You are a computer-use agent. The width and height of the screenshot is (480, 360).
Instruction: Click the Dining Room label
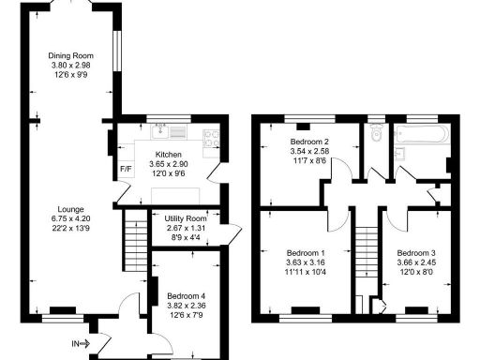coord(73,56)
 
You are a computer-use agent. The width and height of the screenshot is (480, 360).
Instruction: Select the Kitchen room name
coord(168,155)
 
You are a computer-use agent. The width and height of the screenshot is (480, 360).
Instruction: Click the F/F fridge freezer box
coord(126,170)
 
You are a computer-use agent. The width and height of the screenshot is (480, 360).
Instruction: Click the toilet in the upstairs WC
coord(376,138)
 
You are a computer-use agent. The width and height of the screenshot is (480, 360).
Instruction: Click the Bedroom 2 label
coord(308,142)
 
